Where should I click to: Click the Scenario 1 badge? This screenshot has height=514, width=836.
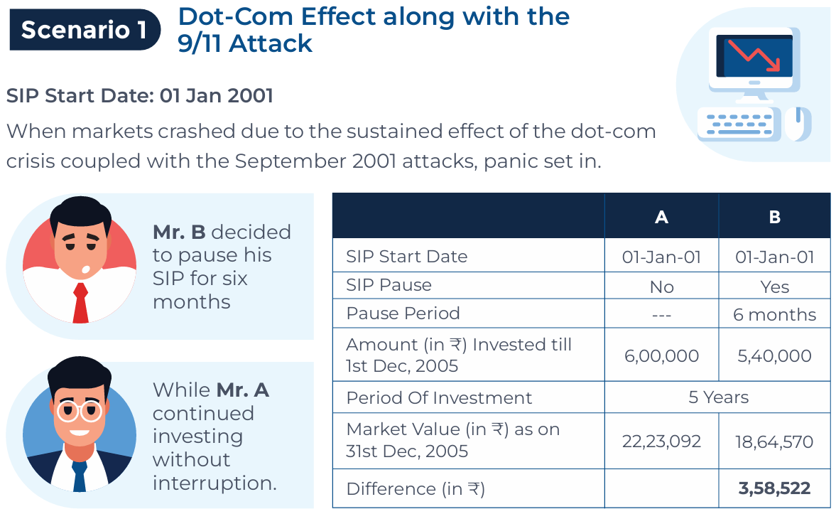[x=85, y=30]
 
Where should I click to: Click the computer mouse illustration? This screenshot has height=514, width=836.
[x=798, y=122]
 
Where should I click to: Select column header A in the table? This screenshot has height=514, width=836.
[x=661, y=218]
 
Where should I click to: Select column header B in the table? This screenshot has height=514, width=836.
[x=774, y=218]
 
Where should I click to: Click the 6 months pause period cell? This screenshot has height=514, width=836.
[x=774, y=314]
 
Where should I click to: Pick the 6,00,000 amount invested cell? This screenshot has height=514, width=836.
[x=661, y=355]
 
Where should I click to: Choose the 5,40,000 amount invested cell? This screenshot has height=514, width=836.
[x=774, y=355]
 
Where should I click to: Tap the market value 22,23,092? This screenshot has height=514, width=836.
[x=661, y=441]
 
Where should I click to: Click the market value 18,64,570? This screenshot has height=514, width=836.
[x=774, y=441]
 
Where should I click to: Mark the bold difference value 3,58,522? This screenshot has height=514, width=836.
[x=774, y=488]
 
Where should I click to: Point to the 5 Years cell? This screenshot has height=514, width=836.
[x=718, y=397]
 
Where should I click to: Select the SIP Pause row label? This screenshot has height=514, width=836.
[x=389, y=285]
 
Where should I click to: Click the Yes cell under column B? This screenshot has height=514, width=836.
[x=774, y=286]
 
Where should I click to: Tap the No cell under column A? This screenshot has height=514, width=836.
[x=661, y=286]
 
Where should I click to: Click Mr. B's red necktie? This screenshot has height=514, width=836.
[x=80, y=302]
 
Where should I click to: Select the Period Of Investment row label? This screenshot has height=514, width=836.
[x=439, y=397]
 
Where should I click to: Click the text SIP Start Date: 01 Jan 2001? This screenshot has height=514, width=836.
[x=139, y=95]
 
